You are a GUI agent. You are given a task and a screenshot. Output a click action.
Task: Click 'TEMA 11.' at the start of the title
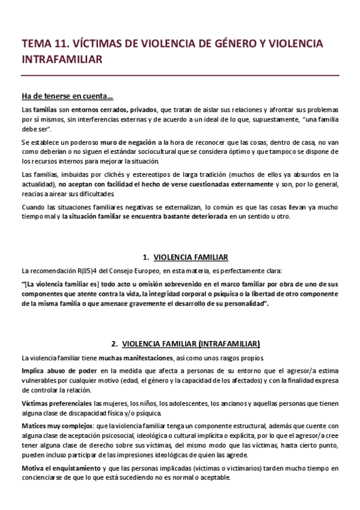pos(42,44)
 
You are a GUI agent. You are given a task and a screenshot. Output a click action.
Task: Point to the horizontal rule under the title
pos(180,75)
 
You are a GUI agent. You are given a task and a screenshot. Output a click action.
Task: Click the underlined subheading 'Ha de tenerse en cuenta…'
pos(67,97)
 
